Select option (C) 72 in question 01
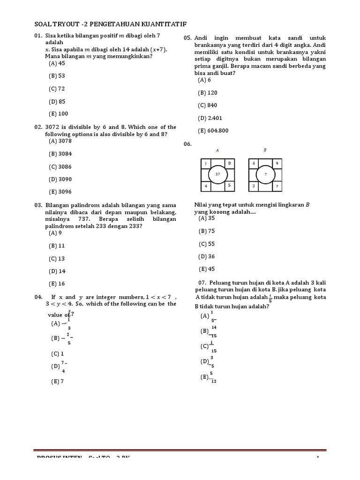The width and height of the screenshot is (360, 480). coord(57,89)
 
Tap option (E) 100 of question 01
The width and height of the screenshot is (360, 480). coord(58,113)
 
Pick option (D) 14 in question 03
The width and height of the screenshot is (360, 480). coord(57,271)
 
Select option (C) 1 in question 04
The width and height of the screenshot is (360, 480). coord(57,354)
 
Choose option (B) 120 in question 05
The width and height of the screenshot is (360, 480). coord(208,93)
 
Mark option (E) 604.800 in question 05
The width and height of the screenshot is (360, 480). coord(213,131)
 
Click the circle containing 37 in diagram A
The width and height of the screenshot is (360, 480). coord(217,174)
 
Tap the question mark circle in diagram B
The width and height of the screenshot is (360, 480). coord(265,174)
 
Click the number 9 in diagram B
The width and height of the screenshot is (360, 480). coord(277,163)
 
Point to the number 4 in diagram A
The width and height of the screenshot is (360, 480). coord(206,186)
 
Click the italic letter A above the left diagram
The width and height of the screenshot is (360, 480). coord(217,150)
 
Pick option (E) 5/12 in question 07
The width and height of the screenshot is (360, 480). coord(209,377)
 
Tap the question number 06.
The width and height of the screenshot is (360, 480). coord(188,144)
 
